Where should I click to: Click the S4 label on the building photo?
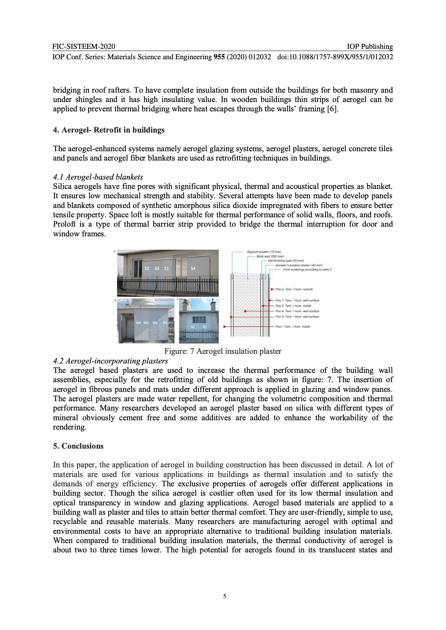pyautogui.click(x=193, y=268)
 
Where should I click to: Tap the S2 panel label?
pyautogui.click(x=146, y=268)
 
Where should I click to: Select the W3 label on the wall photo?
pyautogui.click(x=155, y=323)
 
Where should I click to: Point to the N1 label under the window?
pyautogui.click(x=193, y=327)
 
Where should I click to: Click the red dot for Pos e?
pyautogui.click(x=272, y=289)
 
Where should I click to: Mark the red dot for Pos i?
pyautogui.click(x=224, y=326)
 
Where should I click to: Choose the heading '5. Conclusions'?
pyautogui.click(x=78, y=446)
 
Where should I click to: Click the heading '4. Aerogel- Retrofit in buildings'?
pyautogui.click(x=109, y=130)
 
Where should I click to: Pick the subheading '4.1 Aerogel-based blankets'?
pyautogui.click(x=98, y=177)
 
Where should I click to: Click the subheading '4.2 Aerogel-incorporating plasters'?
pyautogui.click(x=110, y=361)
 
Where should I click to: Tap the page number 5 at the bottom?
pyautogui.click(x=224, y=597)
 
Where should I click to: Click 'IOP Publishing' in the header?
pyautogui.click(x=370, y=46)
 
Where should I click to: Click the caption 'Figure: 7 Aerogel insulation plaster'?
pyautogui.click(x=223, y=351)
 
